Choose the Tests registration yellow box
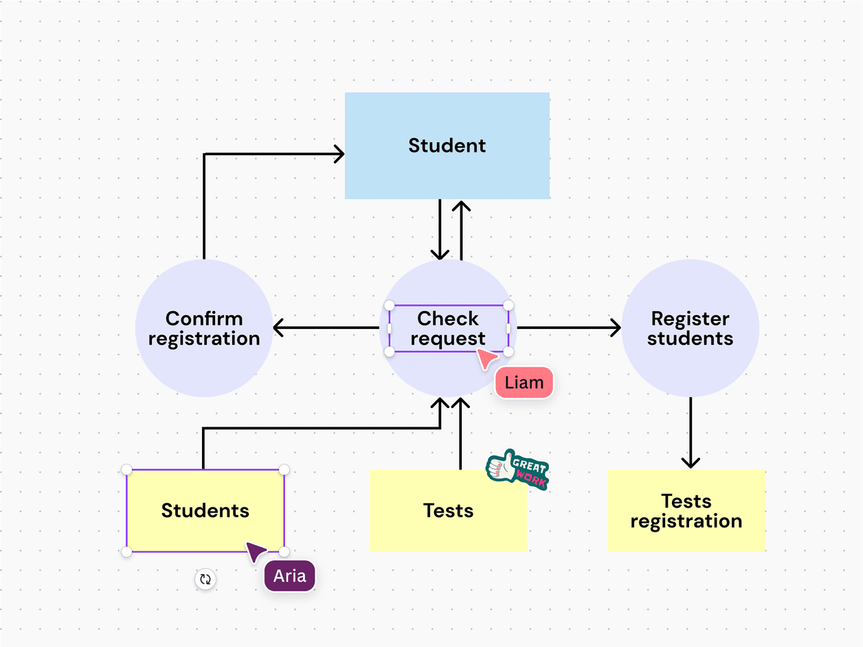point(686,511)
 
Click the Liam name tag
point(524,383)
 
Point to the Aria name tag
point(289,576)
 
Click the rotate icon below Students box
point(205,579)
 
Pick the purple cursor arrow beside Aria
point(255,550)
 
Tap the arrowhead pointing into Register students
point(616,328)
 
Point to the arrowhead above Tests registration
point(691,462)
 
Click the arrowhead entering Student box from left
point(339,154)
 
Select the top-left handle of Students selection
point(126,470)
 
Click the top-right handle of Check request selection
point(508,305)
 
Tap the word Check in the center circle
point(448,319)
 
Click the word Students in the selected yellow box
point(205,511)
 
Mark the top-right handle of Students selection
point(284,470)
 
